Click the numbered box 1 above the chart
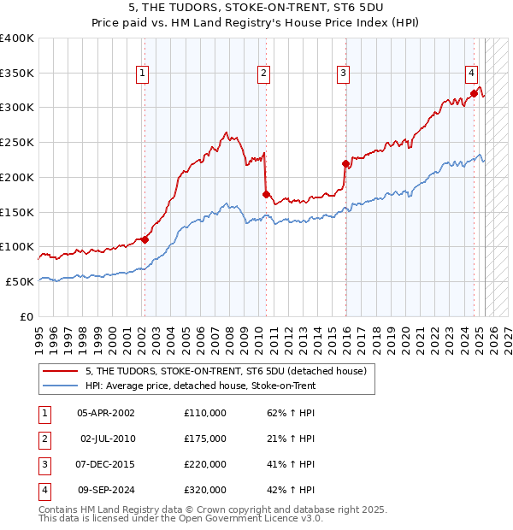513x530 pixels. coord(142,74)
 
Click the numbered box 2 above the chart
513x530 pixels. coord(264,74)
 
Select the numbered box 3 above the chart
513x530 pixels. coord(343,74)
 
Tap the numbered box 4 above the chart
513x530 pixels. coord(471,74)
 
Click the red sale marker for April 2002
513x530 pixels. coord(144,240)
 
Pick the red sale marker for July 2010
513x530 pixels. coord(266,194)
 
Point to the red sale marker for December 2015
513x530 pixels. coord(346,163)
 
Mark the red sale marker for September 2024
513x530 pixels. coord(473,94)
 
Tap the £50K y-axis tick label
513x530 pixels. coord(21,281)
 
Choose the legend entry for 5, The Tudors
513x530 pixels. coord(226,371)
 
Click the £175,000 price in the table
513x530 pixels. coord(204,439)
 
